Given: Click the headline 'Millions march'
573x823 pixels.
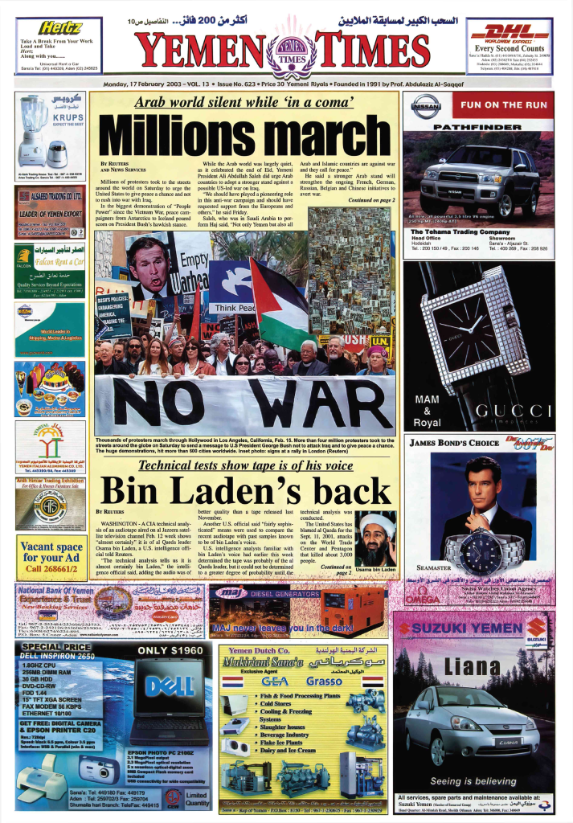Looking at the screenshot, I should [244, 133].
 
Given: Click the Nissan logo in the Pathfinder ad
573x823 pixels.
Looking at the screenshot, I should [426, 105].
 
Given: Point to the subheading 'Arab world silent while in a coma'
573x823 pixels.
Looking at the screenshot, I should [244, 102].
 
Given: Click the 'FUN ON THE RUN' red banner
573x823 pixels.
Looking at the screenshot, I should [503, 105].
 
